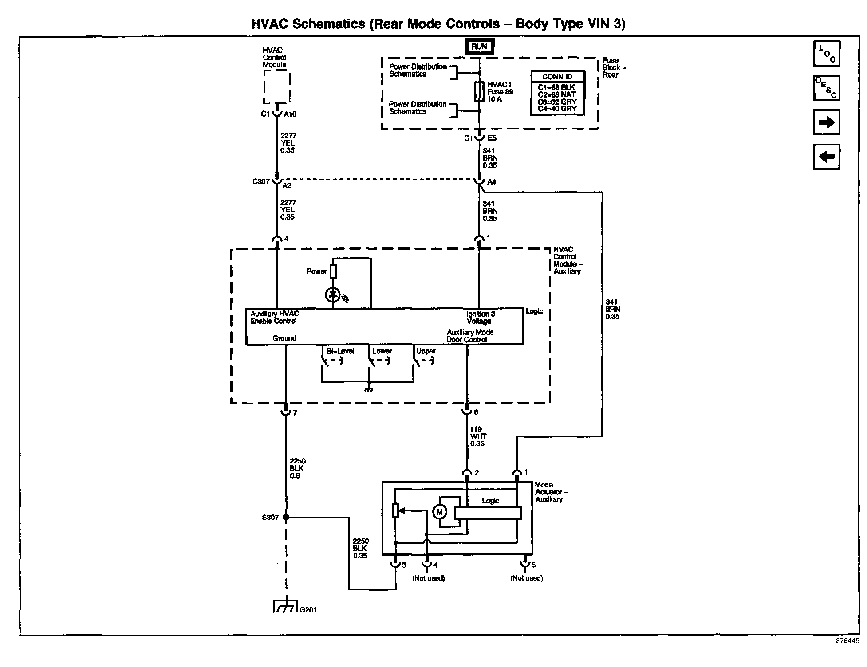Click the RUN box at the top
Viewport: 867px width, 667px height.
479,47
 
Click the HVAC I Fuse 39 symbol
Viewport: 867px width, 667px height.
479,92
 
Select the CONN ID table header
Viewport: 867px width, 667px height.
557,77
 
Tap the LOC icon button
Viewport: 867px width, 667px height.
827,53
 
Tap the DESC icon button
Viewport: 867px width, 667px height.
827,88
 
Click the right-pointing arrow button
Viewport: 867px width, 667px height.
827,122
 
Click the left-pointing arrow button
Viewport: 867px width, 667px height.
827,157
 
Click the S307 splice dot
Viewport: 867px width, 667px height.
286,517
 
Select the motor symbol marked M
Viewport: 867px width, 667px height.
440,512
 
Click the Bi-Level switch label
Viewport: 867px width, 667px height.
340,351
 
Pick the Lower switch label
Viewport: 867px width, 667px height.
382,351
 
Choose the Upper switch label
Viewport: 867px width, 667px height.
426,351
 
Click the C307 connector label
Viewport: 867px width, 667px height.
261,182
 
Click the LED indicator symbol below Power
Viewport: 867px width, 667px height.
333,295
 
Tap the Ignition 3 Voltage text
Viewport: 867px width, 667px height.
480,318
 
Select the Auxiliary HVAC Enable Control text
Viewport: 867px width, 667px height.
274,318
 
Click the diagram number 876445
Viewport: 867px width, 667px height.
847,641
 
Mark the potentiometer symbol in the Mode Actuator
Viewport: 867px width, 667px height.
396,511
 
